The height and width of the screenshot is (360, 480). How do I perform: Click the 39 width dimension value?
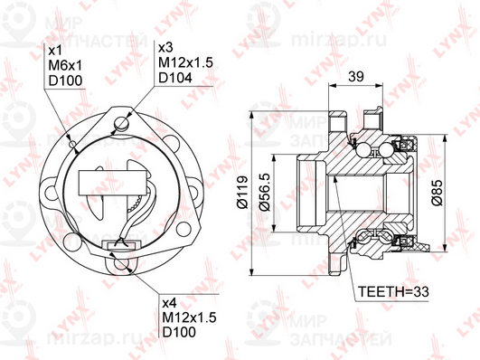tap(356, 77)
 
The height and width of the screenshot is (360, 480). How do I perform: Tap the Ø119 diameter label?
tap(242, 193)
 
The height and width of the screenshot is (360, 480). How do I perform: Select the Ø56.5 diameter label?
tap(264, 192)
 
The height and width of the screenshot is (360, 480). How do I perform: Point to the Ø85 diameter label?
tap(437, 193)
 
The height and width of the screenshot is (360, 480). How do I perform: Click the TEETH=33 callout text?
tap(394, 291)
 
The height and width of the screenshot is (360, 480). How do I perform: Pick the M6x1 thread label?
tap(65, 65)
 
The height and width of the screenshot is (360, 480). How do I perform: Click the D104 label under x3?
tap(175, 78)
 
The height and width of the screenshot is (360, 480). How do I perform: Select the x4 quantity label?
tap(169, 303)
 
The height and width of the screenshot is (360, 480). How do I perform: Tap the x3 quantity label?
tap(166, 48)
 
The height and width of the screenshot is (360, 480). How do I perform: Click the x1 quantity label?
tap(55, 51)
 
